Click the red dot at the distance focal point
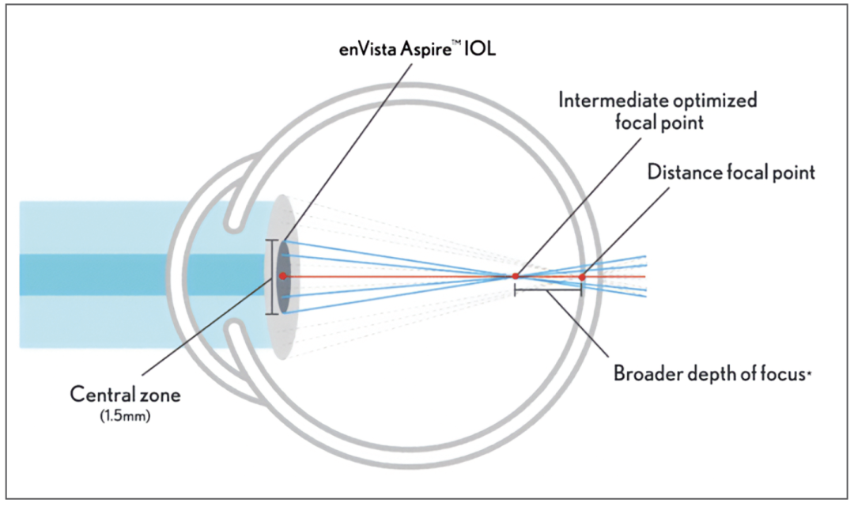(x=582, y=277)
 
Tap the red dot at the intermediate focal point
(x=515, y=276)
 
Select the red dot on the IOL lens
(x=282, y=276)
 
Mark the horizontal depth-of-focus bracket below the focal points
(x=548, y=290)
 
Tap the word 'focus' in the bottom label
(x=780, y=373)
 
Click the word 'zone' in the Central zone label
(x=157, y=394)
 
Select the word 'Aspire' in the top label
(x=428, y=48)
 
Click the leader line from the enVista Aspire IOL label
(x=348, y=150)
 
